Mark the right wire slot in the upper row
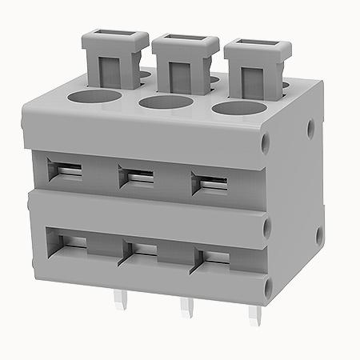click(x=210, y=182)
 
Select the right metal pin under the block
click(x=258, y=314)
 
